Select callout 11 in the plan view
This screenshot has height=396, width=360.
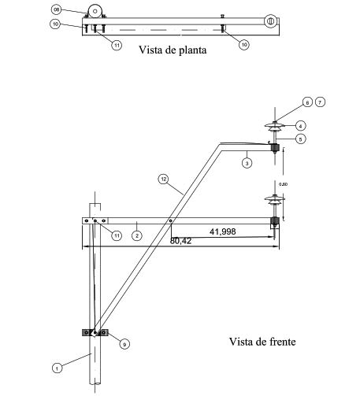pyautogui.click(x=117, y=46)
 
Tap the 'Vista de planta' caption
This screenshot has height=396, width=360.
pyautogui.click(x=172, y=52)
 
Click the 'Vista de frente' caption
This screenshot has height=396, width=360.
pyautogui.click(x=262, y=342)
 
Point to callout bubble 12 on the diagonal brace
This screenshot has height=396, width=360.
pyautogui.click(x=163, y=179)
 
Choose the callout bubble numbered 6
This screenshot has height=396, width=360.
pyautogui.click(x=308, y=103)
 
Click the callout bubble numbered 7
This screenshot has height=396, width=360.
pyautogui.click(x=321, y=103)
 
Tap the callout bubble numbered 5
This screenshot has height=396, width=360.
pyautogui.click(x=300, y=139)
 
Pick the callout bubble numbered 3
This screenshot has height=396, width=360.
pyautogui.click(x=247, y=163)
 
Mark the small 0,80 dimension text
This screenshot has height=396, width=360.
pyautogui.click(x=295, y=183)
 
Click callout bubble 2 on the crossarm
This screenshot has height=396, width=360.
pyautogui.click(x=136, y=235)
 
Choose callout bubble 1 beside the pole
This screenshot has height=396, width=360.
pyautogui.click(x=57, y=368)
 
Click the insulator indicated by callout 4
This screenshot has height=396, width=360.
pyautogui.click(x=275, y=126)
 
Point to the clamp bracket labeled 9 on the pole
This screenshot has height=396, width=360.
pyautogui.click(x=94, y=333)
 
